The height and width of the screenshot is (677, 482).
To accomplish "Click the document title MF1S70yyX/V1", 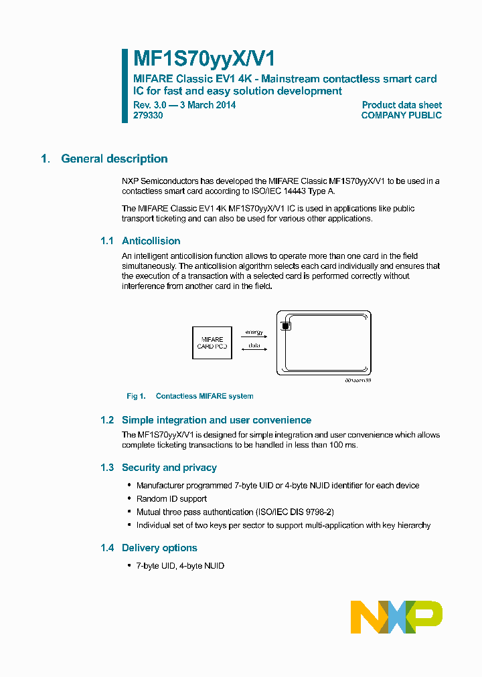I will [199, 59].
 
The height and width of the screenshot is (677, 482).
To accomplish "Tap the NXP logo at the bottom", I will [396, 617].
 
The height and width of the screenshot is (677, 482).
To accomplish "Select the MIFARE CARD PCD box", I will [212, 343].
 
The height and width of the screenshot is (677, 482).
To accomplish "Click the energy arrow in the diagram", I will [254, 336].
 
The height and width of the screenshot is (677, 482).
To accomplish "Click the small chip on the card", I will [285, 326].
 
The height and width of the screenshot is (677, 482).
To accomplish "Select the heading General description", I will [114, 159].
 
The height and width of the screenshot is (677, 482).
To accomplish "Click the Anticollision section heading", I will [151, 241].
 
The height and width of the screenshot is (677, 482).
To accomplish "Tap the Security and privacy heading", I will [169, 468].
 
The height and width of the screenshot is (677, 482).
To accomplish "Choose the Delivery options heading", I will [159, 548].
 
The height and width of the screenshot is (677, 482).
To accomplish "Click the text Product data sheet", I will [402, 105].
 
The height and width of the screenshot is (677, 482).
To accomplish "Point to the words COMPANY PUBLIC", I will [401, 115].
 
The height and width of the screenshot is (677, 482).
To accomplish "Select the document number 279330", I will [147, 115].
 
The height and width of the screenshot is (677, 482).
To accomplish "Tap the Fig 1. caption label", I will [136, 396].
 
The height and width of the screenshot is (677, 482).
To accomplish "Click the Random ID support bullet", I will [171, 498].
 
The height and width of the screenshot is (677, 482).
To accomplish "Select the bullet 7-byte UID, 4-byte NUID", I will [180, 566].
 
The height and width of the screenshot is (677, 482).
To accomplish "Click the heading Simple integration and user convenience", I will [216, 420].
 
